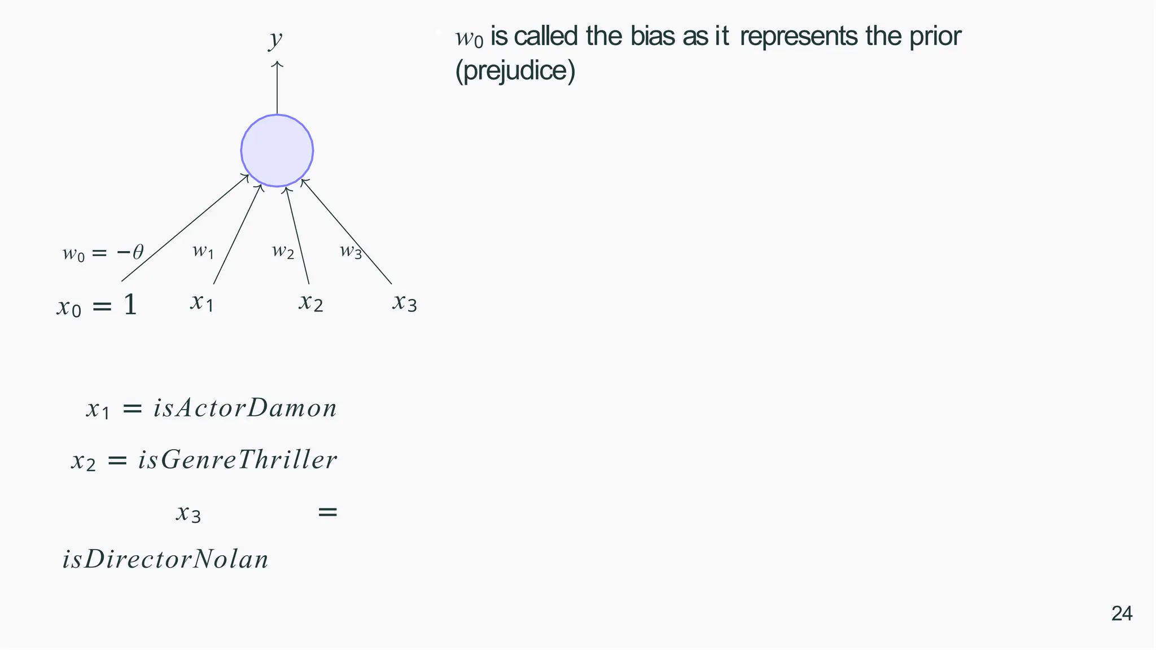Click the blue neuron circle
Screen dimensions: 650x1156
(277, 151)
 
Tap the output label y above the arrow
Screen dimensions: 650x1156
(275, 39)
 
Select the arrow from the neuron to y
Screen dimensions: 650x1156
(277, 87)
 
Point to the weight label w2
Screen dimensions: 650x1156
(283, 251)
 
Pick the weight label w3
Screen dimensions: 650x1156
(351, 251)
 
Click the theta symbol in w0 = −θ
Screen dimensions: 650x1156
(138, 252)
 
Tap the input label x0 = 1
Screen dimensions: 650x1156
(97, 306)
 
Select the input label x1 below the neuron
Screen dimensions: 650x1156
(202, 302)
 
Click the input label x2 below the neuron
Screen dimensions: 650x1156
(311, 302)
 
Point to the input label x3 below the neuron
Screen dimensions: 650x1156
(405, 302)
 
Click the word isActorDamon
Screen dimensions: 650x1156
(245, 408)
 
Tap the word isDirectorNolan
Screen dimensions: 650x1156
(165, 560)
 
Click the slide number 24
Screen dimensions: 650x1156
(1122, 614)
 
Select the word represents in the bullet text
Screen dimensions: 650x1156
(799, 37)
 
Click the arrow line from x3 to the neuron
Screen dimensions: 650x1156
(347, 232)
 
